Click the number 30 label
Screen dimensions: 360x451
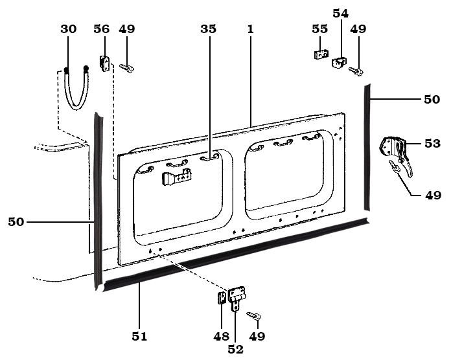(x=67, y=29)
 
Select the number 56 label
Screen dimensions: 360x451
(x=101, y=29)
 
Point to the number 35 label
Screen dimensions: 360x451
(x=208, y=29)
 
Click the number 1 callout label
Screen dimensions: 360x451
(x=250, y=29)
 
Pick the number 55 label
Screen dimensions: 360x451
(x=320, y=29)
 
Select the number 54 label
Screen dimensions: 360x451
(x=340, y=13)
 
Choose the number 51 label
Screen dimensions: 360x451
(x=139, y=336)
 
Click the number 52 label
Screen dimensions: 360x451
(x=236, y=349)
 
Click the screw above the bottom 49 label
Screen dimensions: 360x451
(x=254, y=316)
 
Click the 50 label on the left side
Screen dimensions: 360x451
(x=16, y=222)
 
